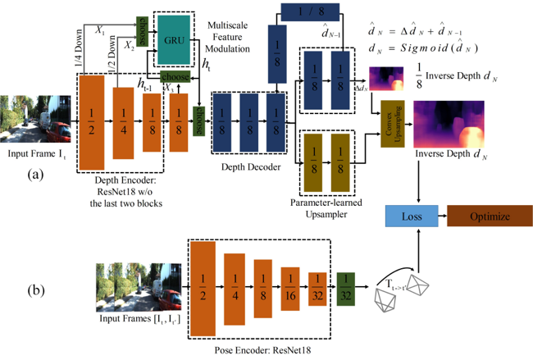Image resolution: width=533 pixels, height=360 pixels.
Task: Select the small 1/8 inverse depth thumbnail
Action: (x=389, y=79)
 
